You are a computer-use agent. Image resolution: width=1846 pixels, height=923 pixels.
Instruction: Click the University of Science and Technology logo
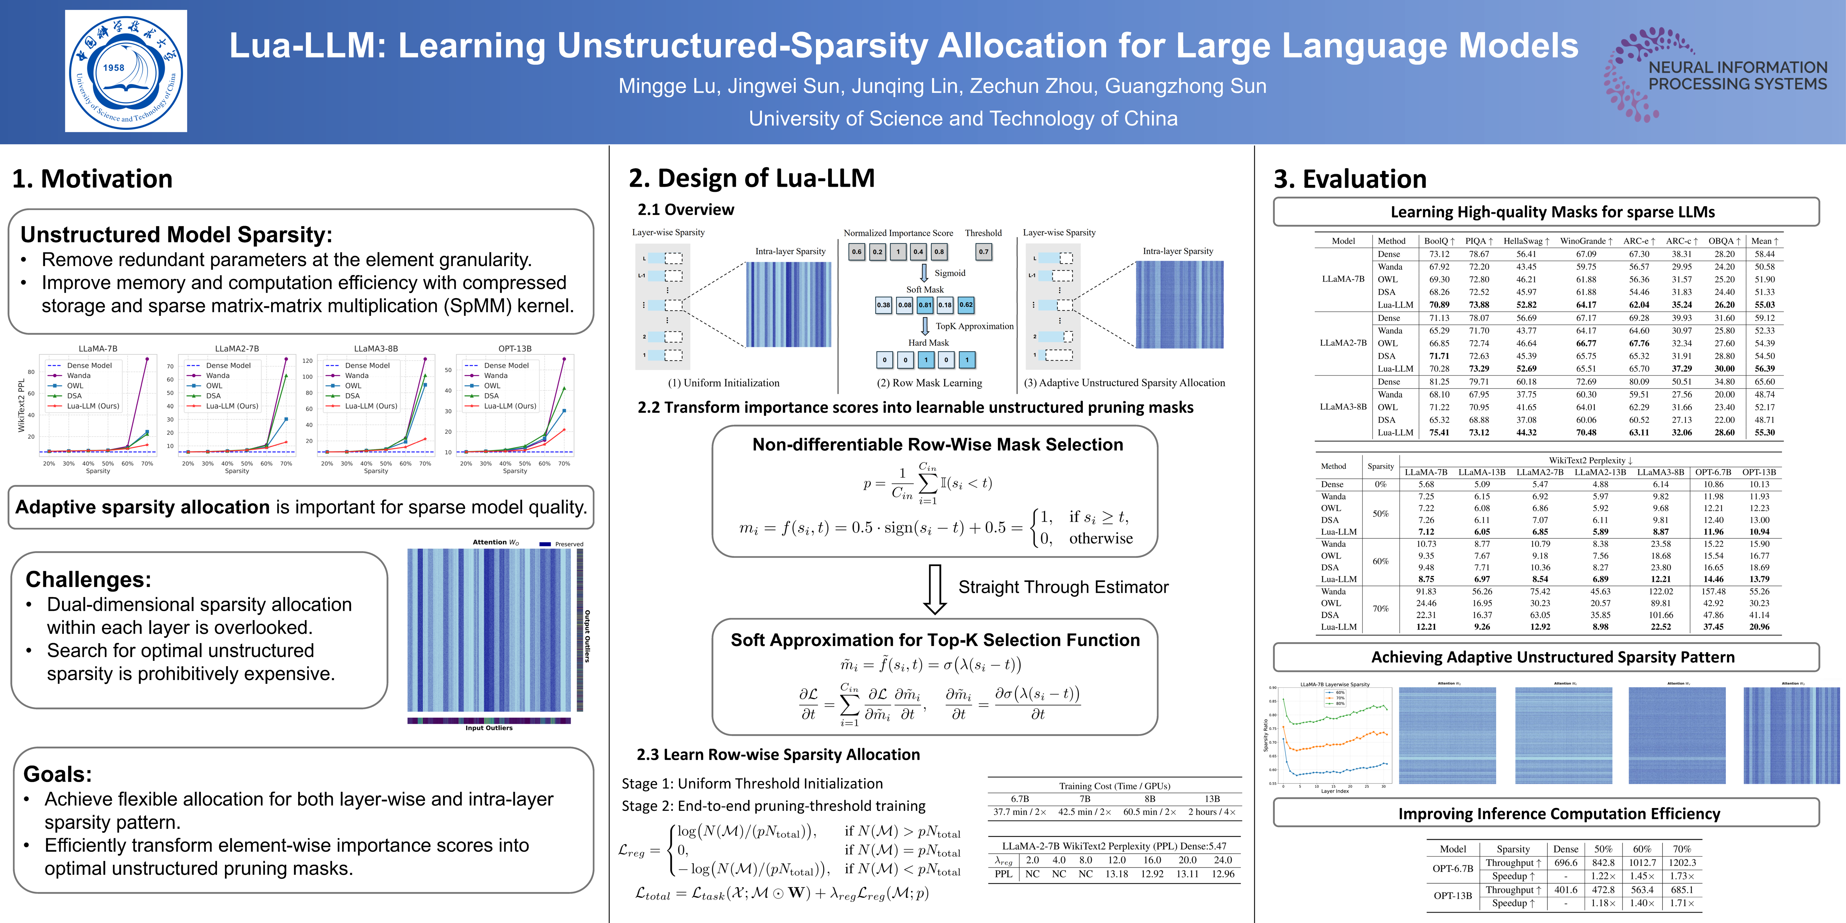pyautogui.click(x=126, y=71)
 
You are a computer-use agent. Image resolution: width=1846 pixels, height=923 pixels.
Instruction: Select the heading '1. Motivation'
pyautogui.click(x=92, y=178)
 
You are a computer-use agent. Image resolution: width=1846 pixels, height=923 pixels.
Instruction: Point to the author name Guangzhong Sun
pyautogui.click(x=1185, y=86)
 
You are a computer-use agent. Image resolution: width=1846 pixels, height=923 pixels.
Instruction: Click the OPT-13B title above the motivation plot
pyautogui.click(x=515, y=348)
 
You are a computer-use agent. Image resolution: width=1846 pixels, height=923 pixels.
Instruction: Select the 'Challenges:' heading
pyautogui.click(x=88, y=579)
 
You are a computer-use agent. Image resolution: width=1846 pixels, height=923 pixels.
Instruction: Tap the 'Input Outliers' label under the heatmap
pyautogui.click(x=489, y=728)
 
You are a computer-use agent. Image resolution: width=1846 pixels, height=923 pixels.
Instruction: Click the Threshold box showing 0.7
pyautogui.click(x=983, y=252)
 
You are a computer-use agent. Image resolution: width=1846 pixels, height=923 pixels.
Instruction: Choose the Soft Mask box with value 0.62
pyautogui.click(x=966, y=305)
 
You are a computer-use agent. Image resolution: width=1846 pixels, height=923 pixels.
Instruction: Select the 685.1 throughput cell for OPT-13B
pyautogui.click(x=1682, y=889)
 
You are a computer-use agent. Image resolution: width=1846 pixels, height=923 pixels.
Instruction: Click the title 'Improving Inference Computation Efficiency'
pyautogui.click(x=1559, y=813)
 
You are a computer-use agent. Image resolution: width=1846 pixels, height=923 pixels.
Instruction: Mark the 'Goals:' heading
pyautogui.click(x=57, y=774)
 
